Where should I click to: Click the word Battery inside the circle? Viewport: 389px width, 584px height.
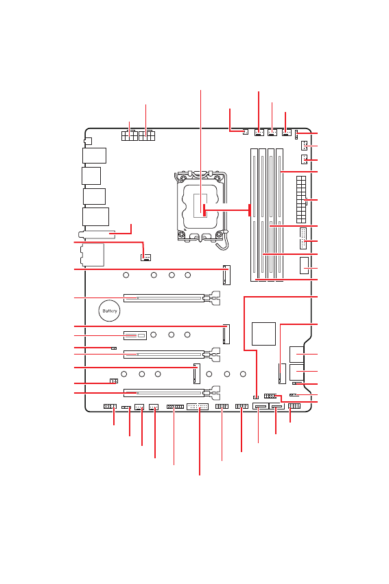[110, 311]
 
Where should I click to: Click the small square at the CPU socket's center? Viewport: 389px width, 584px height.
[200, 205]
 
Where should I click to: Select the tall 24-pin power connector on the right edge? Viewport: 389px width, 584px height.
[301, 200]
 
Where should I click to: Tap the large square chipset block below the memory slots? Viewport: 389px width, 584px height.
[263, 334]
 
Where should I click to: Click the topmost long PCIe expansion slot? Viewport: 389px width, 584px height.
[164, 298]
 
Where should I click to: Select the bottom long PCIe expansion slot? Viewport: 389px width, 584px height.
[164, 392]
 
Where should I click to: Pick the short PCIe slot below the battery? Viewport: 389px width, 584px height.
[135, 335]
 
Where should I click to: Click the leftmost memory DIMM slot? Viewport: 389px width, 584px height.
[254, 215]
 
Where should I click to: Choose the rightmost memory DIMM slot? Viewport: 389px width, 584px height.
[280, 215]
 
